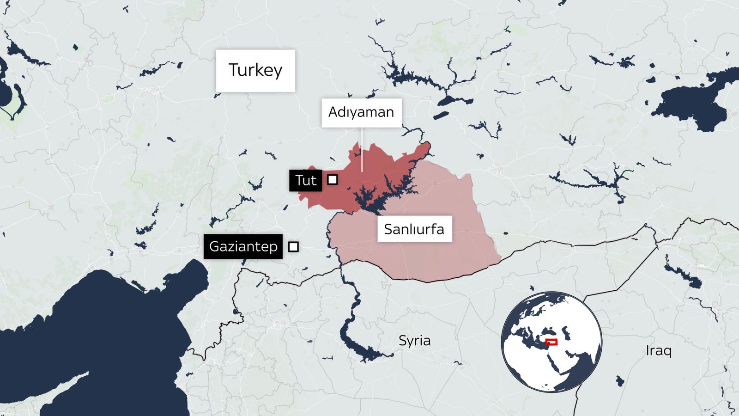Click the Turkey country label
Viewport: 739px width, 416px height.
tap(255, 70)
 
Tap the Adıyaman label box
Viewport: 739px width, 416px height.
tap(361, 112)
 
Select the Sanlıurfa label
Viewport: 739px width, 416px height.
tap(414, 229)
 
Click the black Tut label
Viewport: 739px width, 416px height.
tap(305, 180)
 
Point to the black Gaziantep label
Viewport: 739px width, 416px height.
tap(243, 246)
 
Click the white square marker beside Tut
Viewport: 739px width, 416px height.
tap(332, 179)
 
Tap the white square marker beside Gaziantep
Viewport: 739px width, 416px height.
tap(293, 247)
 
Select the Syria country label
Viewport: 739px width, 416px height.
tap(414, 341)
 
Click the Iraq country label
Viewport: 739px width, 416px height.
tap(658, 350)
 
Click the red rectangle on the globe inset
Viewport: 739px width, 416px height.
tap(551, 342)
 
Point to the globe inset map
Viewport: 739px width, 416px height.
tap(551, 342)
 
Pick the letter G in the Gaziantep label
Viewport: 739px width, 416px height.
tap(214, 246)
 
